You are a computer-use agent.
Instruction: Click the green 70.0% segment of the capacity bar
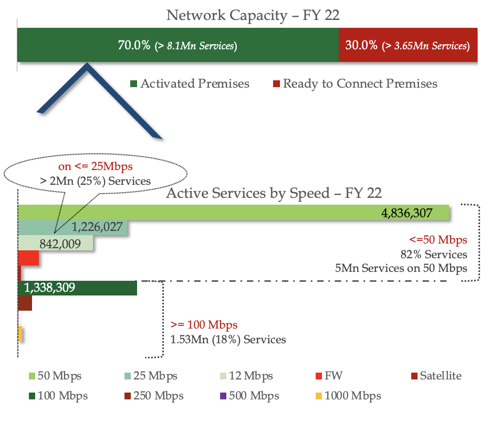[x=178, y=45]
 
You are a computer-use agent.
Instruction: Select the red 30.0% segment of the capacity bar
[x=408, y=45]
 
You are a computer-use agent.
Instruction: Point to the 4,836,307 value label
[x=408, y=213]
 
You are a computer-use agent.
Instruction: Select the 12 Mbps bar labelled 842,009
[x=56, y=243]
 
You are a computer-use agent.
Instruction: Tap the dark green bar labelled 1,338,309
[x=77, y=288]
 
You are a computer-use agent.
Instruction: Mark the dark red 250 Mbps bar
[x=25, y=303]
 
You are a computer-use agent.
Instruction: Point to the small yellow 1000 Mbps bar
[x=20, y=333]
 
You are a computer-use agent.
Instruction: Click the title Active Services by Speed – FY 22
[x=274, y=193]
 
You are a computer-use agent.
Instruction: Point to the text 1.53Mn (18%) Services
[x=228, y=340]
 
